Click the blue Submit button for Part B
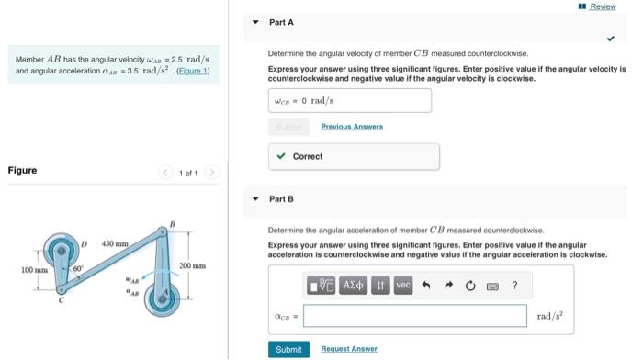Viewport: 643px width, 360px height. tap(288, 349)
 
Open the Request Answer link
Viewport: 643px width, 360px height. tap(349, 349)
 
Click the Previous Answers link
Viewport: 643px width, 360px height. tap(352, 127)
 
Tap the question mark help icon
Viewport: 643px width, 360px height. tap(514, 286)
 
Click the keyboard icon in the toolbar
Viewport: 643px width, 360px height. tap(493, 286)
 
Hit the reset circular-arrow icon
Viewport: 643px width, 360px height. tap(471, 286)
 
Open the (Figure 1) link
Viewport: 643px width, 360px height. tap(193, 72)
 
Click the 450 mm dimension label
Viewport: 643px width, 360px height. tap(115, 243)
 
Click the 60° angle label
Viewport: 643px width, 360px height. tap(79, 267)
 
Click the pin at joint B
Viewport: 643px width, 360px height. tap(170, 231)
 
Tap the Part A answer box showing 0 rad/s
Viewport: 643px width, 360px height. tap(349, 100)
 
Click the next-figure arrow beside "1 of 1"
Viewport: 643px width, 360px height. tap(211, 171)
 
